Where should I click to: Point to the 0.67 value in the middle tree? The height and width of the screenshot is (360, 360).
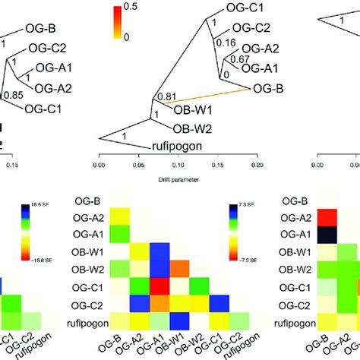[x=240, y=59]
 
